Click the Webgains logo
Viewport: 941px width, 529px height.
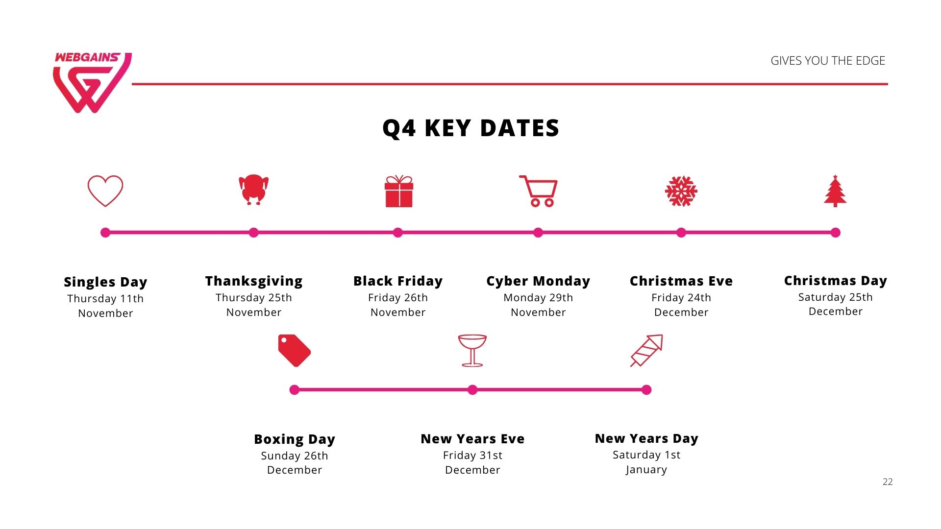(92, 82)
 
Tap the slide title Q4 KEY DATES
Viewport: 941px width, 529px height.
(470, 128)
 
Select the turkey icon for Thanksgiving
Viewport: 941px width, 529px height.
(253, 190)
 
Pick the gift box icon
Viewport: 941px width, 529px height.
(399, 191)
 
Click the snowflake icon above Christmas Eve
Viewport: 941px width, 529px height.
(681, 191)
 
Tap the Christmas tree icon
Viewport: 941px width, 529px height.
(835, 191)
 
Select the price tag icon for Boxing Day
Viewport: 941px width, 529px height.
(295, 351)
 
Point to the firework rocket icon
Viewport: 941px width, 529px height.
(647, 351)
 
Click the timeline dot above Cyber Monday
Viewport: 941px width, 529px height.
(538, 233)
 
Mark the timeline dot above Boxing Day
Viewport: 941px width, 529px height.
(295, 390)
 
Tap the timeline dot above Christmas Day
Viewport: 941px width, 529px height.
(836, 233)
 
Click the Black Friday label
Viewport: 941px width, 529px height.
(398, 281)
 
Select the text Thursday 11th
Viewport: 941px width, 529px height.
(105, 299)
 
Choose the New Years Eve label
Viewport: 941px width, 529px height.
(472, 439)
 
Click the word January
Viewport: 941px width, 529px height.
(646, 470)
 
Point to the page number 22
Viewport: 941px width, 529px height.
(888, 482)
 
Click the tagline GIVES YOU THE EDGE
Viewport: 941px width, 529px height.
(828, 61)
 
